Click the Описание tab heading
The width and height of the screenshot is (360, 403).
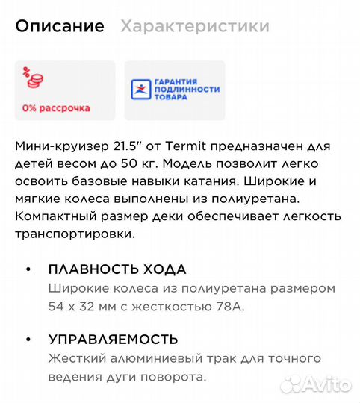pos(60,27)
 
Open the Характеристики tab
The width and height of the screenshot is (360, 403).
pos(195,27)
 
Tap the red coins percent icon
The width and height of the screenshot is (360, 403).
pos(32,78)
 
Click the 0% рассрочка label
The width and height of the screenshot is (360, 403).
pos(56,108)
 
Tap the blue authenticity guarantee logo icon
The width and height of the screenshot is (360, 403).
pos(140,90)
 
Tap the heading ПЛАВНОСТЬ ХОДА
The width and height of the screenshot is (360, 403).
pos(117,269)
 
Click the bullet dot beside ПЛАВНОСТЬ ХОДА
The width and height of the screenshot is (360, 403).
pos(28,269)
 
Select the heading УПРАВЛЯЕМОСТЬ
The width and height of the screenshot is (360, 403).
pos(113,340)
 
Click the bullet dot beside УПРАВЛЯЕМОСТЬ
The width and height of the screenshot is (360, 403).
pos(28,340)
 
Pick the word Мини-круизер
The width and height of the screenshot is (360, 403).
pos(55,145)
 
